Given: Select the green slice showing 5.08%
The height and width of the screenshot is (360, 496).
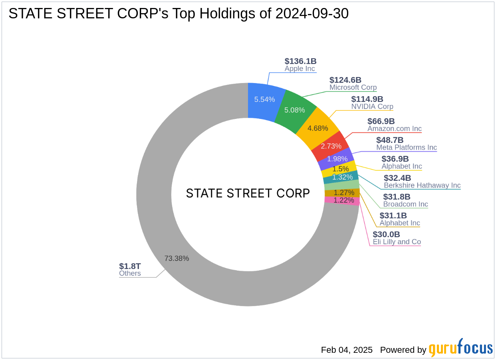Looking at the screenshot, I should (294, 110).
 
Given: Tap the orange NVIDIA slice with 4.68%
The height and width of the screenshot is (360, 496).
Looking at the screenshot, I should (318, 128).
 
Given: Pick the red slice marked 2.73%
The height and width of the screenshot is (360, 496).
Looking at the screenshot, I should (331, 146).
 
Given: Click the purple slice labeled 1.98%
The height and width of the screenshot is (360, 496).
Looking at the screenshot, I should (337, 159).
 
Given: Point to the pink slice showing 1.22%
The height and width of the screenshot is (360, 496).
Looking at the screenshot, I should (343, 200).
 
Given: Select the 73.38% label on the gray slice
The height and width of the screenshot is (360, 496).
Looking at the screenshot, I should (177, 258).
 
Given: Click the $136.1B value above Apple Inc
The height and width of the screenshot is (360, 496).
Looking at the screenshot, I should (300, 61).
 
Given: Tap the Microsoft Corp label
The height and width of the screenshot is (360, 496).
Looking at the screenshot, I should (353, 87).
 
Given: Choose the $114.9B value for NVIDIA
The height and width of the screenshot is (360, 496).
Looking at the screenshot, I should (367, 99).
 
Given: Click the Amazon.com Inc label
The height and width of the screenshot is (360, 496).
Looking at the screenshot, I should (395, 129).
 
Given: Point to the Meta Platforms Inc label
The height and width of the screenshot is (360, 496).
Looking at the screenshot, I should (407, 148).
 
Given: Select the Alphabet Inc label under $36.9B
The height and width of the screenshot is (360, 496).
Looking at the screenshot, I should (402, 166).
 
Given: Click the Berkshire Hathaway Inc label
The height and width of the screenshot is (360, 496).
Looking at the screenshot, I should (422, 185).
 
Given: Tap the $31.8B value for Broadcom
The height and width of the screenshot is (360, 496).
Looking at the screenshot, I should (397, 197).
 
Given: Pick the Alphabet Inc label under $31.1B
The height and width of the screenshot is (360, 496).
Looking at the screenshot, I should (400, 223).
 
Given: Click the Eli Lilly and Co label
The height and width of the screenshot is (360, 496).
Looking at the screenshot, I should (397, 242).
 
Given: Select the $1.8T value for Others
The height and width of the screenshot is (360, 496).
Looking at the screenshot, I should (130, 266).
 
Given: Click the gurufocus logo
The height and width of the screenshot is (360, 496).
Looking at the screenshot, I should (460, 348).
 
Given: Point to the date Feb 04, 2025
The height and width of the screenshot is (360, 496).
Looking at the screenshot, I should (347, 350).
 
